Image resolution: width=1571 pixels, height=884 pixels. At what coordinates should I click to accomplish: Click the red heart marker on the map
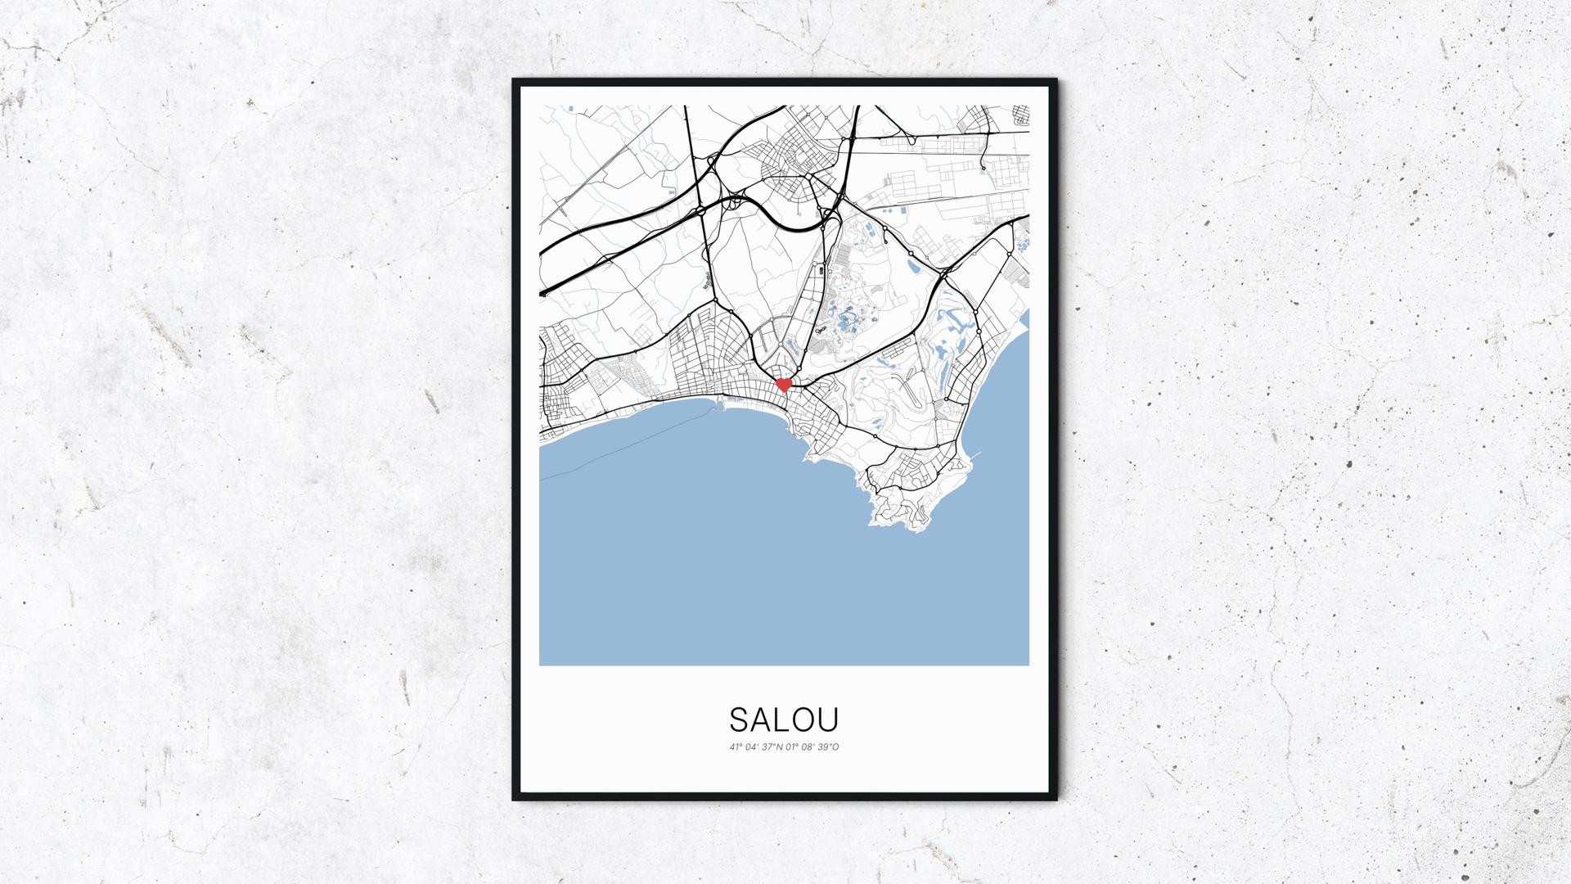point(783,384)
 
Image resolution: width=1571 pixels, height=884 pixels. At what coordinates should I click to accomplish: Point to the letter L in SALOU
point(784,719)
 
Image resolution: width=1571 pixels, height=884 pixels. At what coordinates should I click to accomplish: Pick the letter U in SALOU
point(829,719)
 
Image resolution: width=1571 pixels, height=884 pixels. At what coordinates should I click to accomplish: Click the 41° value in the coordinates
point(735,746)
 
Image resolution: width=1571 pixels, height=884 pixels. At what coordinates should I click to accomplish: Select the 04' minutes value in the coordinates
point(750,746)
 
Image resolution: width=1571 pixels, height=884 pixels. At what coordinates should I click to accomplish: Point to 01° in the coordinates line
point(790,746)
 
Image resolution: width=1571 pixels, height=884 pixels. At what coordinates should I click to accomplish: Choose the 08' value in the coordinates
point(807,746)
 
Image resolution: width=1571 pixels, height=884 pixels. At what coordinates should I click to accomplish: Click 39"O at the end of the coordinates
point(828,746)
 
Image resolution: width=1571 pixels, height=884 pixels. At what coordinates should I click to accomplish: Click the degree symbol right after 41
point(740,744)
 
